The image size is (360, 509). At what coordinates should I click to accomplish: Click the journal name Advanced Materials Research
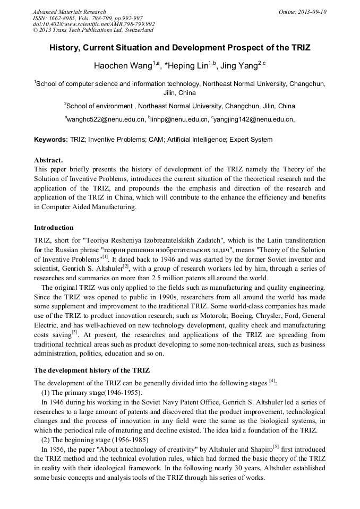coord(69,12)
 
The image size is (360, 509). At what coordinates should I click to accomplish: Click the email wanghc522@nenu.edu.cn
coord(105,120)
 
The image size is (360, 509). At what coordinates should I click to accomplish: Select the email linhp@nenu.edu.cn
coord(179,120)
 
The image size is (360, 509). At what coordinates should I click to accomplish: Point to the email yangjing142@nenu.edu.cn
coord(253,120)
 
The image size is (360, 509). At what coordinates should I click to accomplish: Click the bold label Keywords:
coord(50,140)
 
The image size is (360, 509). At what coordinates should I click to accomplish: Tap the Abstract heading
coord(48,160)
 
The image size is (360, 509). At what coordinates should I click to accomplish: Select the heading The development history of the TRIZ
coord(94,370)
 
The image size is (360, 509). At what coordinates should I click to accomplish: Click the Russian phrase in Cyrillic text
coord(183,250)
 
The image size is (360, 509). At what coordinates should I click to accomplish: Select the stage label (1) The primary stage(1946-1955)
coord(92,392)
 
